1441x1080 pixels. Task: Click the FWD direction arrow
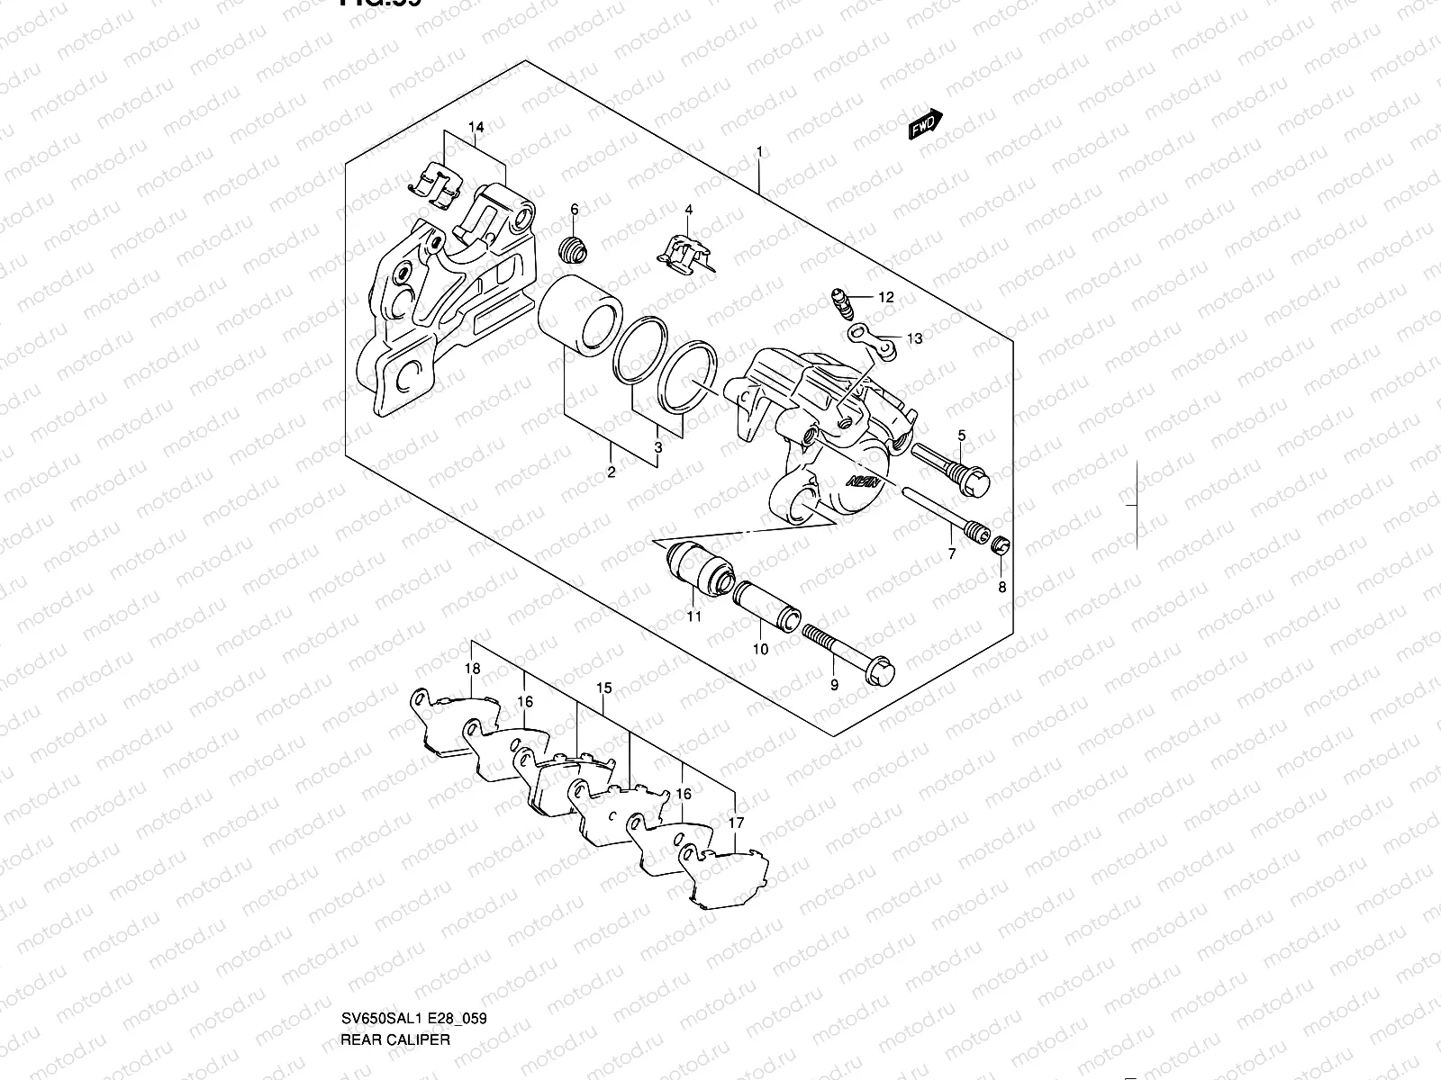pos(925,125)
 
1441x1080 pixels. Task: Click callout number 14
pos(476,128)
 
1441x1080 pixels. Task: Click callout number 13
pos(914,339)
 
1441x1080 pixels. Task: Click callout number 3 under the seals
pos(658,447)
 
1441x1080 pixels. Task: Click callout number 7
pos(952,554)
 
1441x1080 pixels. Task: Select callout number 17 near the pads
pos(736,823)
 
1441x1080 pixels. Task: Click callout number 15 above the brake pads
pos(603,688)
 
